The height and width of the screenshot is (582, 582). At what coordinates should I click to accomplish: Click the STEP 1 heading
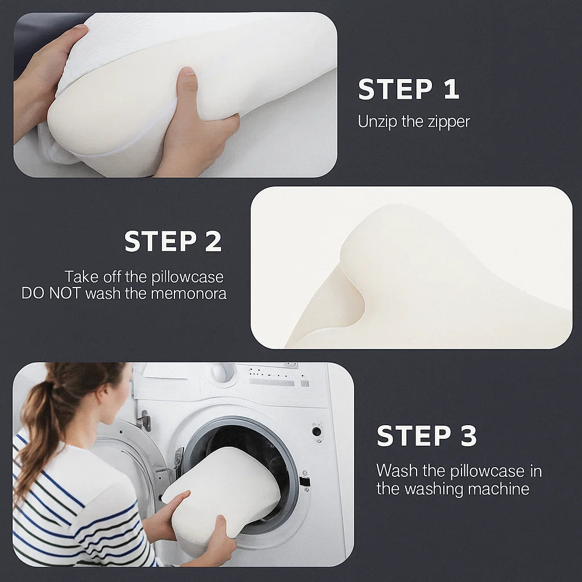(x=408, y=90)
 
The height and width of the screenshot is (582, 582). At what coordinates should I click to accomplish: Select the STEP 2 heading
(x=173, y=242)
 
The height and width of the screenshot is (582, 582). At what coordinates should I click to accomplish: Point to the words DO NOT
(x=51, y=293)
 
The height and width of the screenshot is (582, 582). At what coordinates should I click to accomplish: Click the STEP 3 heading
(x=426, y=436)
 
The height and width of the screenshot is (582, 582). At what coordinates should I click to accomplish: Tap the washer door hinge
(x=144, y=421)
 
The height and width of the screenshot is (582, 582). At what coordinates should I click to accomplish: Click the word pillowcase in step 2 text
(x=188, y=277)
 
